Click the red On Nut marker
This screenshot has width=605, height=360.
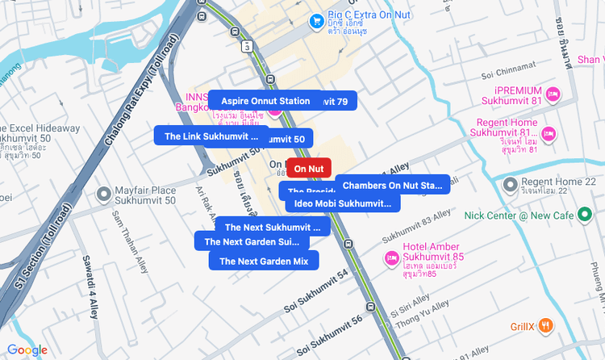coord(309,169)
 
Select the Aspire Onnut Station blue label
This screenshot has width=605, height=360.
coord(259,101)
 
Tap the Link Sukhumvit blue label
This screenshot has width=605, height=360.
coord(211,136)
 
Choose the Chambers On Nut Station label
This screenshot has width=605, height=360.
coord(392,186)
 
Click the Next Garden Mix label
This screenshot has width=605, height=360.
coord(264,261)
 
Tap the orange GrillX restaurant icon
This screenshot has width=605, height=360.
coord(546,325)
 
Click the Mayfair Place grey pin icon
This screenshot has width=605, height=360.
coord(103,195)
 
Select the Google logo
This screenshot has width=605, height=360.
coord(27,350)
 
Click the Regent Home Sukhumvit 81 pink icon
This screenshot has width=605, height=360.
coord(549,133)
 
